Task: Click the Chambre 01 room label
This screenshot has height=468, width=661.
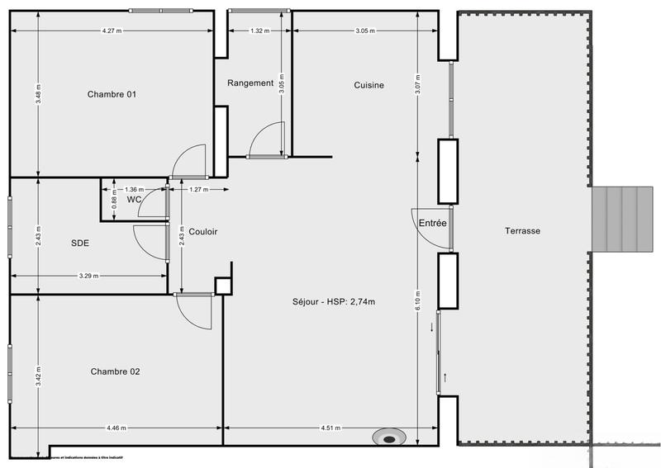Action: (x=112, y=94)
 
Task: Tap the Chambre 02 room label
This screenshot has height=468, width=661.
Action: (x=115, y=371)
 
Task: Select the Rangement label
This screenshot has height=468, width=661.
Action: (x=250, y=83)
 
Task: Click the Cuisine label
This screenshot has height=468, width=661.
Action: (x=369, y=85)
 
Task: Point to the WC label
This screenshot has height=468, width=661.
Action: (x=132, y=199)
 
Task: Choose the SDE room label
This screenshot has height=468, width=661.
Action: (x=80, y=243)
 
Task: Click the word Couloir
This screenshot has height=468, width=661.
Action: (x=202, y=232)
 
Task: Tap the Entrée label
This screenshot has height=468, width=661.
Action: (x=432, y=224)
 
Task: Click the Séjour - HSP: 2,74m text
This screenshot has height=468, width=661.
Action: (x=333, y=301)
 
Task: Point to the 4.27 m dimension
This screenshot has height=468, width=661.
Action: (x=112, y=31)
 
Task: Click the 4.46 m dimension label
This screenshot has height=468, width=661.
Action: (x=117, y=428)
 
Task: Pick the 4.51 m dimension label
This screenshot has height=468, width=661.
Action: (x=333, y=428)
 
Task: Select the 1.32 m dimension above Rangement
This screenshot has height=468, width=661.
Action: (x=260, y=31)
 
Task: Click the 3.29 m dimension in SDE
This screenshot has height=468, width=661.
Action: (x=88, y=276)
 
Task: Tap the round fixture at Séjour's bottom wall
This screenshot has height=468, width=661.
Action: (x=388, y=437)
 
